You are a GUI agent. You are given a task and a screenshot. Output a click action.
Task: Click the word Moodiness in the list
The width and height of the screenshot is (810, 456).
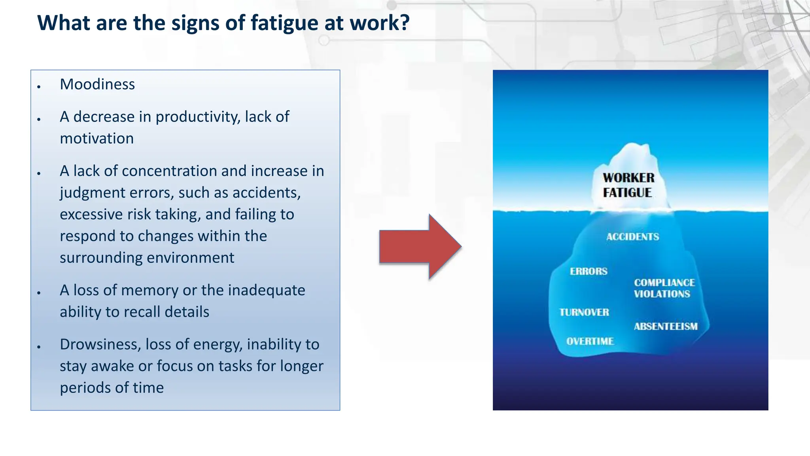tap(97, 84)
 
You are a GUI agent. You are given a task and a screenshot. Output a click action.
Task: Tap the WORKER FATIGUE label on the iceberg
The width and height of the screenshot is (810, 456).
tap(628, 185)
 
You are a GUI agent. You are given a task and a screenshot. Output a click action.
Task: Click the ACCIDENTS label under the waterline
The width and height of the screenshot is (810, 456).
tap(632, 237)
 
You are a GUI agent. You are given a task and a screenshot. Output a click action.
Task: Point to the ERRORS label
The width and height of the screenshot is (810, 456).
tap(589, 271)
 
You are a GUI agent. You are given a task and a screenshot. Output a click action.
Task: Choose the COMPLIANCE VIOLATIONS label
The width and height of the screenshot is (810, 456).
tap(664, 288)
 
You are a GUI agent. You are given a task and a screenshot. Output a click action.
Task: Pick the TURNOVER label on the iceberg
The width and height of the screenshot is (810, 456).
tap(584, 312)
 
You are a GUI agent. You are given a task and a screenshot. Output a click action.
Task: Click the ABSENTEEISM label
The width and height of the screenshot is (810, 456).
tap(666, 327)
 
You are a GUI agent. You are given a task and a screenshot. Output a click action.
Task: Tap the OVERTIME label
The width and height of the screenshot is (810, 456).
tap(590, 341)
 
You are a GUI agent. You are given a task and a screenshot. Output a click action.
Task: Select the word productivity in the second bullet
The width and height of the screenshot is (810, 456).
tap(198, 117)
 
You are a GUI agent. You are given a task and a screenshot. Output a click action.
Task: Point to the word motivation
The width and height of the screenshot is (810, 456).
tap(97, 139)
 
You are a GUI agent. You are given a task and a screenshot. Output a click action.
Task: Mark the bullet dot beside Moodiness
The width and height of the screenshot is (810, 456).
tap(39, 86)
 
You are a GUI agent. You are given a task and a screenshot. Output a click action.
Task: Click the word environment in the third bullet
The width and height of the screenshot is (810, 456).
tap(187, 258)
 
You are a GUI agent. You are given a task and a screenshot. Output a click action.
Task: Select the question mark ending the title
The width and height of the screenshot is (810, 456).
tap(405, 23)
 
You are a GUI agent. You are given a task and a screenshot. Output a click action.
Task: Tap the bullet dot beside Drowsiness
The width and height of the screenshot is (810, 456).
tap(39, 347)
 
